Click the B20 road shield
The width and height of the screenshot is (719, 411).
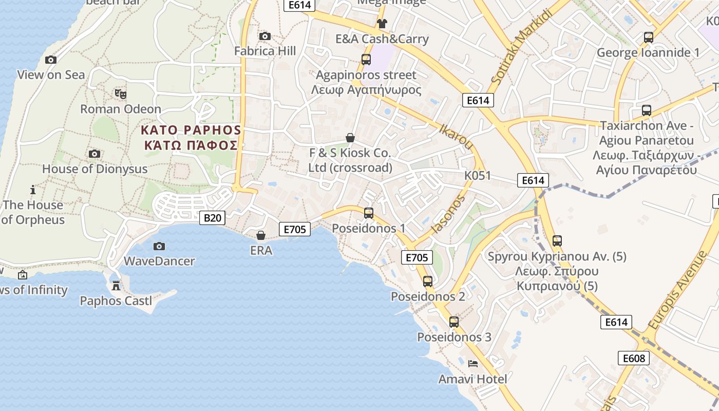[x=213, y=218]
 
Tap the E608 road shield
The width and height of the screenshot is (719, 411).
[x=633, y=358]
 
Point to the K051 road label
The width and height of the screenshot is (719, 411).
[x=478, y=176]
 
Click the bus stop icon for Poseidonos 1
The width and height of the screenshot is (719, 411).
[x=368, y=213]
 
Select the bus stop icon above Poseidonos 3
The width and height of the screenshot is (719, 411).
[x=453, y=322]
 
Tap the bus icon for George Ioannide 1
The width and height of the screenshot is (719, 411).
[x=648, y=38]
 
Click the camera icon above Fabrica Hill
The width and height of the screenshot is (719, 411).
[x=265, y=36]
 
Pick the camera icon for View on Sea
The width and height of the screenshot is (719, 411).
[x=50, y=60]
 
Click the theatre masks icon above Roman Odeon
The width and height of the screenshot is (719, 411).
[x=121, y=94]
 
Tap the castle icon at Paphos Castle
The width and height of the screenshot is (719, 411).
[x=116, y=285]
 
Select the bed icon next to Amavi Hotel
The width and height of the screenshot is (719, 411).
[x=473, y=364]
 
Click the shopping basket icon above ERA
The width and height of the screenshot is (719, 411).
[x=261, y=235]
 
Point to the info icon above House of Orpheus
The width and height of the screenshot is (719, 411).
[x=33, y=190]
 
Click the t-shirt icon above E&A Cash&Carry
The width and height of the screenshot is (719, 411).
[x=382, y=23]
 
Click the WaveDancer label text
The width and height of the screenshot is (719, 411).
[x=159, y=261]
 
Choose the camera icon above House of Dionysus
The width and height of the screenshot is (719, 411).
[x=94, y=154]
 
